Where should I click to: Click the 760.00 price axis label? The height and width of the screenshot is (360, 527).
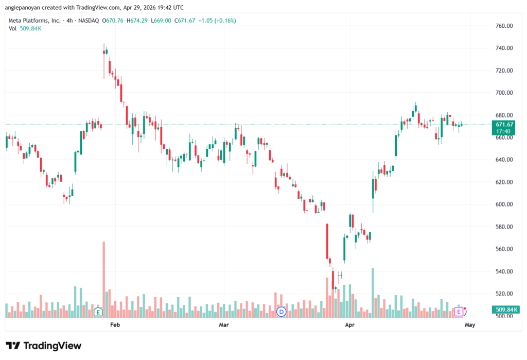click(504, 26)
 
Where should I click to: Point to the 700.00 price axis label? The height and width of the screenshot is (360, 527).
click(504, 93)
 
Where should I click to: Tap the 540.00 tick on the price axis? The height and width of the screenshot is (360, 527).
click(504, 271)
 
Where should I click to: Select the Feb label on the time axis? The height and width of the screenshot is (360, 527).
click(115, 325)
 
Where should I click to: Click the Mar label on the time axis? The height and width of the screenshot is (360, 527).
click(223, 325)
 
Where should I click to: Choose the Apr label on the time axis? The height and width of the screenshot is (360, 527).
click(350, 325)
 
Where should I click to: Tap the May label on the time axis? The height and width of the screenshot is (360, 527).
click(469, 325)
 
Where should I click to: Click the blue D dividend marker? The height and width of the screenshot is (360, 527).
click(281, 312)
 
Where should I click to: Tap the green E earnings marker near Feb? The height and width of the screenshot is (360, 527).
click(98, 312)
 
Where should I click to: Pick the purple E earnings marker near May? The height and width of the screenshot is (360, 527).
click(458, 312)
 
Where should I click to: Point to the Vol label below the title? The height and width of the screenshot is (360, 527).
click(12, 28)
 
